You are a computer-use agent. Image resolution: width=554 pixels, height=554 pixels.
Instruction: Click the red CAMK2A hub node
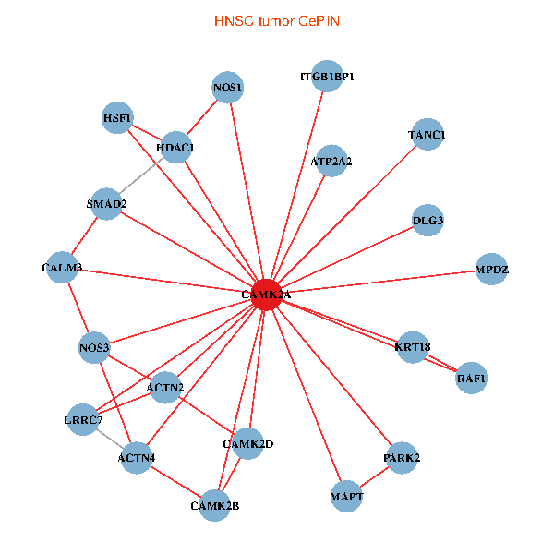click(265, 295)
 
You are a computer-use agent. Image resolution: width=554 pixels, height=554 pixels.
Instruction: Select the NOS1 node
click(227, 89)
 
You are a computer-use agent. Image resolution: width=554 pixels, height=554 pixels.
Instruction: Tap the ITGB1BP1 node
click(327, 77)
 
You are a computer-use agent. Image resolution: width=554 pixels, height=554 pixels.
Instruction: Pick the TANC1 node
click(427, 135)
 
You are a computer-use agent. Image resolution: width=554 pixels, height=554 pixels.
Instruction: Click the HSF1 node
click(117, 117)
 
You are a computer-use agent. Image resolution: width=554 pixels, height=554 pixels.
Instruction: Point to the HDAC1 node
click(175, 147)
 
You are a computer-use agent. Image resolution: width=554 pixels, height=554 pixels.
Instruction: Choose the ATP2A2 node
click(331, 161)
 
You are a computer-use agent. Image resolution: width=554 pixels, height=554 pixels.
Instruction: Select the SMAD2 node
click(107, 203)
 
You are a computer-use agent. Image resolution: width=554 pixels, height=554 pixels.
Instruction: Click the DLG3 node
click(428, 220)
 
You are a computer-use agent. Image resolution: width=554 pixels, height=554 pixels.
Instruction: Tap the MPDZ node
click(491, 270)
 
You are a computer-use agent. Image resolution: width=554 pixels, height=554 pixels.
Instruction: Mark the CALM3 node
click(62, 268)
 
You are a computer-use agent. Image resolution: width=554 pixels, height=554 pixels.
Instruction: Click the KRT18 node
click(413, 347)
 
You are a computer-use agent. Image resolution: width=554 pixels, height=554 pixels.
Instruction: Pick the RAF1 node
click(471, 379)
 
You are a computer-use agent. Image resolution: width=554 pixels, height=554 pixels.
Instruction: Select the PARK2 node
click(402, 458)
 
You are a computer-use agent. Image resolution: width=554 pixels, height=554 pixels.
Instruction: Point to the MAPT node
click(346, 498)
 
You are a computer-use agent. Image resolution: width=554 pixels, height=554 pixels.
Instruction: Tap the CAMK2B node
click(214, 505)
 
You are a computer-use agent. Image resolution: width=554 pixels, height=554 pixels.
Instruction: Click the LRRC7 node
click(83, 420)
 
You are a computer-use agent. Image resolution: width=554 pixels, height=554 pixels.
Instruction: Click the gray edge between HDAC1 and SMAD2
click(141, 175)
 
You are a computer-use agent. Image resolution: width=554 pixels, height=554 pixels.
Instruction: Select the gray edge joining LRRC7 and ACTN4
click(110, 439)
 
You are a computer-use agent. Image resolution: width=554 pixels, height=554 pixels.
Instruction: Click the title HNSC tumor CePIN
click(276, 20)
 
